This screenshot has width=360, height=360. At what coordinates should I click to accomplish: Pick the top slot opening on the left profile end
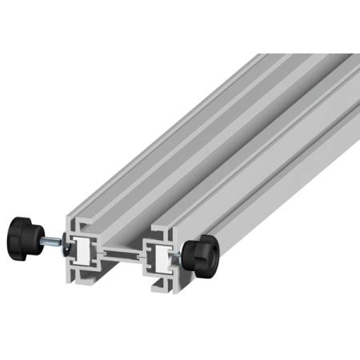click(83, 226)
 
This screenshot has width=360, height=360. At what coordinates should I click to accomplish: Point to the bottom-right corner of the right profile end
click(189, 290)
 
